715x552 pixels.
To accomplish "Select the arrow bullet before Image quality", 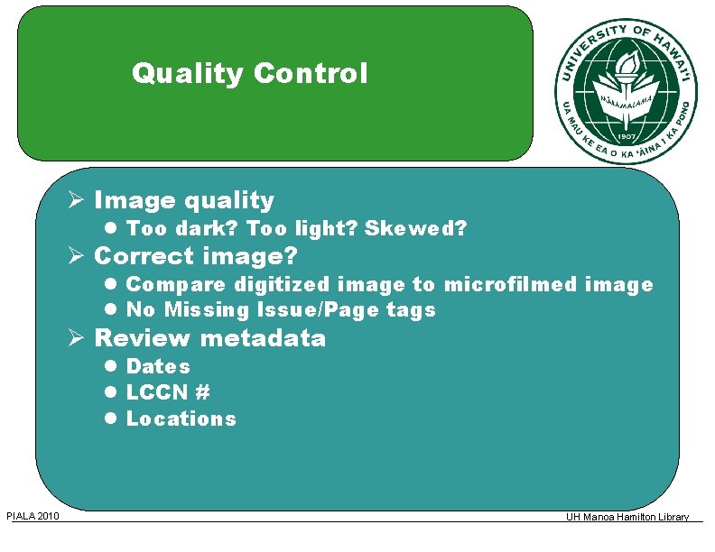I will (79, 200).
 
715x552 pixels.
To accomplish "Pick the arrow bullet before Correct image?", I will (79, 256).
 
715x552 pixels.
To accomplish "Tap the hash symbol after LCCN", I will (202, 392).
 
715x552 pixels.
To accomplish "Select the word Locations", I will (181, 419).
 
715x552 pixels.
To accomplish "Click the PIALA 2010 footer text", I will (33, 516).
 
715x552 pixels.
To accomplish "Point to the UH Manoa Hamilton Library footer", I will (627, 517).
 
